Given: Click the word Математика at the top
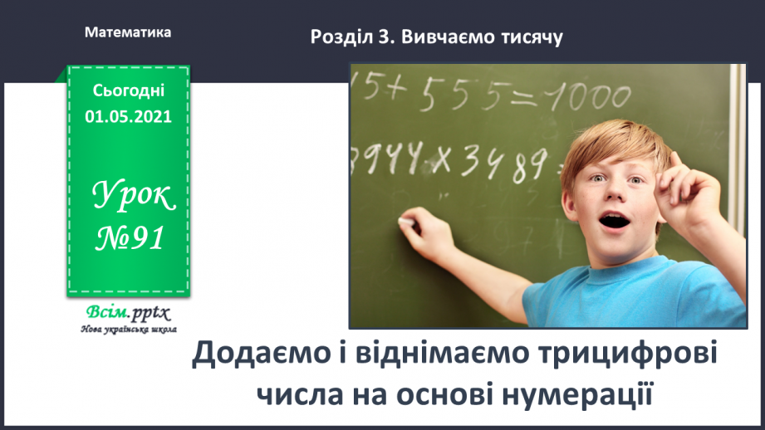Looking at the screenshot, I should click(128, 32).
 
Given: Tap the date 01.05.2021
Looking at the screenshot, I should click(128, 116).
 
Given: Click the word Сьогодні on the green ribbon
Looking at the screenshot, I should click(129, 90).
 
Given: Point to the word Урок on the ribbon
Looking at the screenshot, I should click(135, 198).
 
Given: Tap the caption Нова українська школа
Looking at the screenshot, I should click(126, 329).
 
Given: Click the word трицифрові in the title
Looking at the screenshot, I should click(627, 356).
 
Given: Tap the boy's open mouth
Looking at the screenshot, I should click(614, 222).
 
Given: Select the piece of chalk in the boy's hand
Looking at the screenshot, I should click(405, 222).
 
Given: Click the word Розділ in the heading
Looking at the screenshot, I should click(337, 37).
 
